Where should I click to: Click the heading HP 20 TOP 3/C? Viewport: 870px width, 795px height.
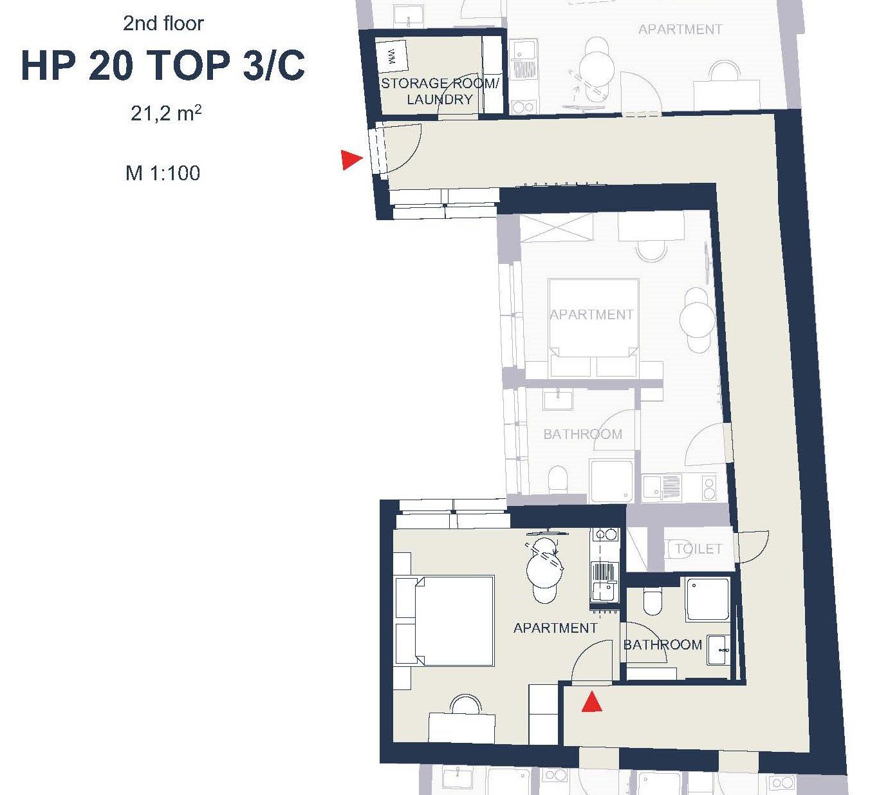[x=163, y=65]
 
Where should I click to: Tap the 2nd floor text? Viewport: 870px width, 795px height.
[x=163, y=23]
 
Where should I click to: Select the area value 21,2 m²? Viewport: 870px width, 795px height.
[x=166, y=113]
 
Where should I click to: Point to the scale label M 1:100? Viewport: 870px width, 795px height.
[x=163, y=173]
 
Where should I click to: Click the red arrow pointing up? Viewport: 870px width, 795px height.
[x=591, y=702]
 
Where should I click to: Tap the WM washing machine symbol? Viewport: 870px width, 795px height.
[x=392, y=57]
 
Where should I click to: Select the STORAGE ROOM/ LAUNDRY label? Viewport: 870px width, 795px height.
[x=440, y=91]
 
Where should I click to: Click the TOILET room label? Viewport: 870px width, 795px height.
[x=698, y=548]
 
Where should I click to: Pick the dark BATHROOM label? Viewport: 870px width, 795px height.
[x=663, y=644]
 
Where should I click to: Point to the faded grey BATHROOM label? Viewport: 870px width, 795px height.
[x=583, y=434]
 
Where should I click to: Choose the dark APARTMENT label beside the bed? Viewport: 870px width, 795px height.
[x=555, y=628]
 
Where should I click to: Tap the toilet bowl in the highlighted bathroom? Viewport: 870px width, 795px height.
[x=652, y=601]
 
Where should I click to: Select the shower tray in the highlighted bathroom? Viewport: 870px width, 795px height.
[x=707, y=600]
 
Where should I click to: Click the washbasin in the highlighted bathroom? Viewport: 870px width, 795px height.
[x=718, y=650]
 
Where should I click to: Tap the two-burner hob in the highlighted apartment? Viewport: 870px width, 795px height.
[x=605, y=535]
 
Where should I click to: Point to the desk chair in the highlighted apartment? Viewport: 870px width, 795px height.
[x=466, y=704]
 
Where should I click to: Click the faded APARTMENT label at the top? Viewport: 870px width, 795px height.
[x=680, y=30]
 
